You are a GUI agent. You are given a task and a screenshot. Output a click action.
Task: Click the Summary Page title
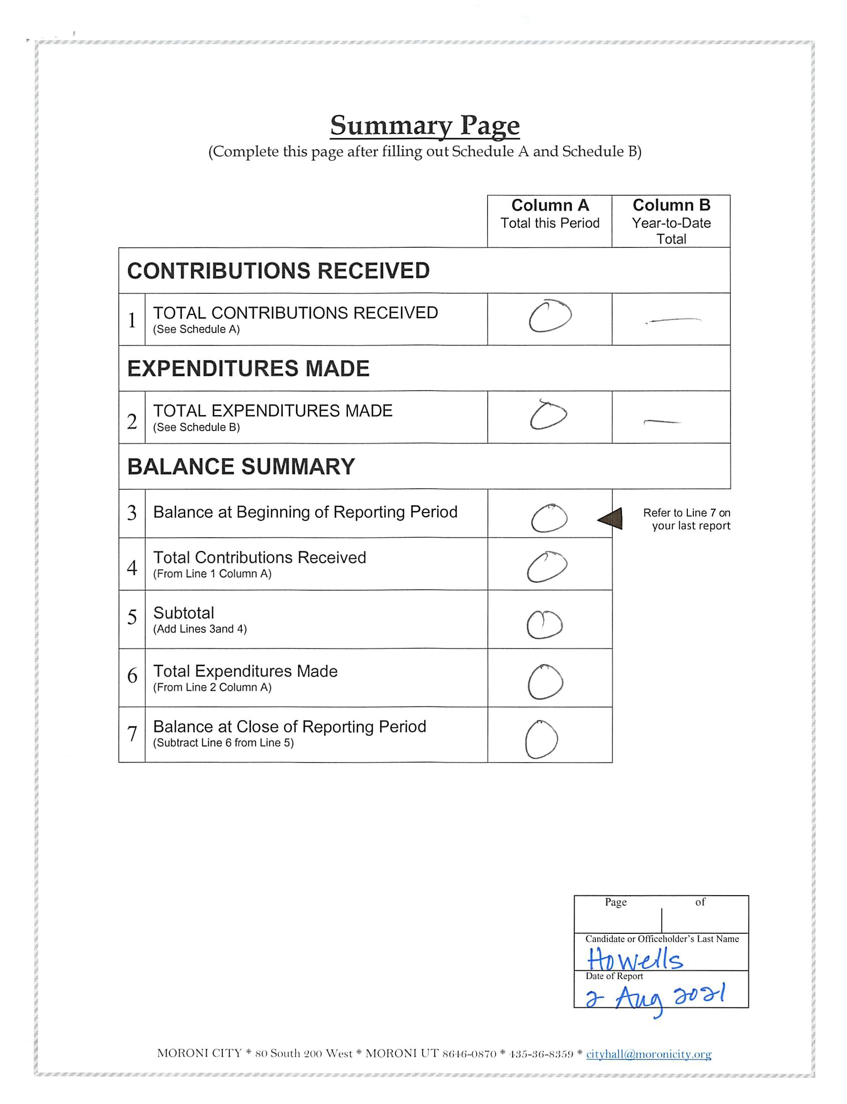tap(425, 125)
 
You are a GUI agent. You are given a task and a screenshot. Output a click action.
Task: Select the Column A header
tap(550, 206)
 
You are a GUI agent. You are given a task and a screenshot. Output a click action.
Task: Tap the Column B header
tap(671, 206)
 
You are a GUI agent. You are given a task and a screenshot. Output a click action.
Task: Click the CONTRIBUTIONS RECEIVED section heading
tap(278, 271)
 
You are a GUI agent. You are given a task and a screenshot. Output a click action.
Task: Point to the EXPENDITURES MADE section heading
tap(248, 369)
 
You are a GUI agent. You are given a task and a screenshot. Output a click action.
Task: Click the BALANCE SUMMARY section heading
tap(241, 466)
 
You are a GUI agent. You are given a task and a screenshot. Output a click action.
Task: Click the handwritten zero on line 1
tap(550, 316)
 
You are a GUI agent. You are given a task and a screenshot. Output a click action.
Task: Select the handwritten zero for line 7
tap(541, 739)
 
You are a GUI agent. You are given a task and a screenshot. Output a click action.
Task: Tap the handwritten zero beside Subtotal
tap(544, 624)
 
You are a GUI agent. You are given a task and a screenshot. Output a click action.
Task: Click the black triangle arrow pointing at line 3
tap(611, 519)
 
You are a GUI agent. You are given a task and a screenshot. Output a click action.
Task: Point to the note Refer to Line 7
tap(686, 519)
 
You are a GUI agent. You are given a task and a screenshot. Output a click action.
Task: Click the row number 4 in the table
tap(132, 568)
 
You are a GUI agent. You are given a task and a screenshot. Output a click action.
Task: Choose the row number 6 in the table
tap(132, 675)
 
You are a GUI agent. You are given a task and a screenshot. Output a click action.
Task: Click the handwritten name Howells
tap(635, 959)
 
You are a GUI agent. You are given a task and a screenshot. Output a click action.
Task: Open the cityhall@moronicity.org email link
tap(648, 1053)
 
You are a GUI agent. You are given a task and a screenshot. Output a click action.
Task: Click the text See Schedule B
tap(197, 428)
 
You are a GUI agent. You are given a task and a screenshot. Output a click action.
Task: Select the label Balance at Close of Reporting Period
tap(289, 726)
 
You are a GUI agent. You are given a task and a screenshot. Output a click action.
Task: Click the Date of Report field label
tap(614, 976)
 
